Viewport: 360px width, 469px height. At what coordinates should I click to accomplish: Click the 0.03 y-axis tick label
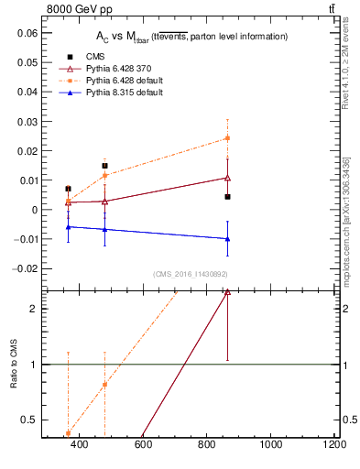click(x=27, y=121)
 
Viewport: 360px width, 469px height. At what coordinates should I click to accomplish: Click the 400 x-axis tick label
click(x=79, y=444)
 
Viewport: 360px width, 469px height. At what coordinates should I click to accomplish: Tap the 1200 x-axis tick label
click(x=334, y=444)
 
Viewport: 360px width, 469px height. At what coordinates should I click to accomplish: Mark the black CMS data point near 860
click(x=227, y=197)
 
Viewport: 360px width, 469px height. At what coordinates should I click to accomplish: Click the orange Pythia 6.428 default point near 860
click(x=227, y=138)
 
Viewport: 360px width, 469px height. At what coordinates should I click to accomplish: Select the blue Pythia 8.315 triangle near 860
click(x=227, y=238)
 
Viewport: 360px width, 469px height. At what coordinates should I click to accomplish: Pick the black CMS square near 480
click(x=105, y=166)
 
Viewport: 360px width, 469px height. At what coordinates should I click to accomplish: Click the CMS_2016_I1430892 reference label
click(x=191, y=274)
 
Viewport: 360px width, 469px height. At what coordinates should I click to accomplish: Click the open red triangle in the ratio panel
click(x=227, y=292)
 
